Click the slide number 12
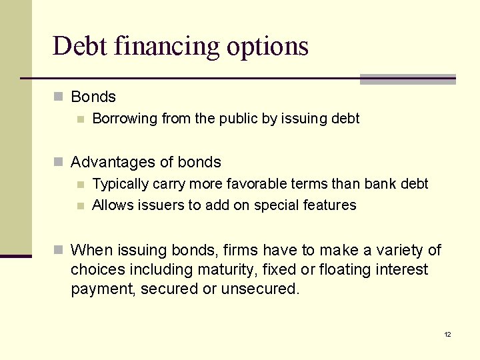coord(447,334)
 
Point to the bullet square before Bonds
coord(59,97)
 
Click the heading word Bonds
coord(93,97)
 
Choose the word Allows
coord(112,205)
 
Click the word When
coord(92,251)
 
